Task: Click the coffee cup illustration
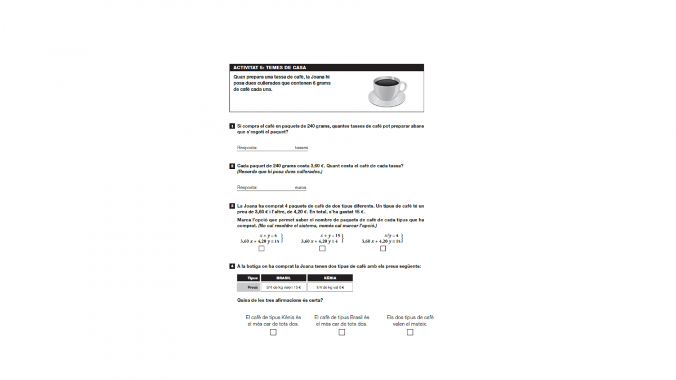pyautogui.click(x=386, y=90)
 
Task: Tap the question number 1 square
pyautogui.click(x=232, y=126)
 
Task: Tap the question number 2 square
pyautogui.click(x=232, y=166)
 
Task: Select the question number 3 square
pyautogui.click(x=232, y=206)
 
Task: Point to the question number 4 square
pyautogui.click(x=232, y=266)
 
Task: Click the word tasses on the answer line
pyautogui.click(x=301, y=147)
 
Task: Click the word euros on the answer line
pyautogui.click(x=300, y=187)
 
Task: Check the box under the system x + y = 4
pyautogui.click(x=261, y=248)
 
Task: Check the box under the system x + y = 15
pyautogui.click(x=322, y=248)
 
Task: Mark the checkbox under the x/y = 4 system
pyautogui.click(x=383, y=248)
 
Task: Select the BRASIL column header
pyautogui.click(x=283, y=278)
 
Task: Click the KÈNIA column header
pyautogui.click(x=330, y=278)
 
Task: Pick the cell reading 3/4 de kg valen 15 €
pyautogui.click(x=283, y=287)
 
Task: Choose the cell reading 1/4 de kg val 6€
pyautogui.click(x=330, y=287)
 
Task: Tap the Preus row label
pyautogui.click(x=248, y=287)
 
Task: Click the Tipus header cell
pyautogui.click(x=248, y=278)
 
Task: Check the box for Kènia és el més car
pyautogui.click(x=273, y=332)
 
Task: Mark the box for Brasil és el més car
pyautogui.click(x=342, y=332)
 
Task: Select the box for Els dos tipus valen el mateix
pyautogui.click(x=410, y=332)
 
